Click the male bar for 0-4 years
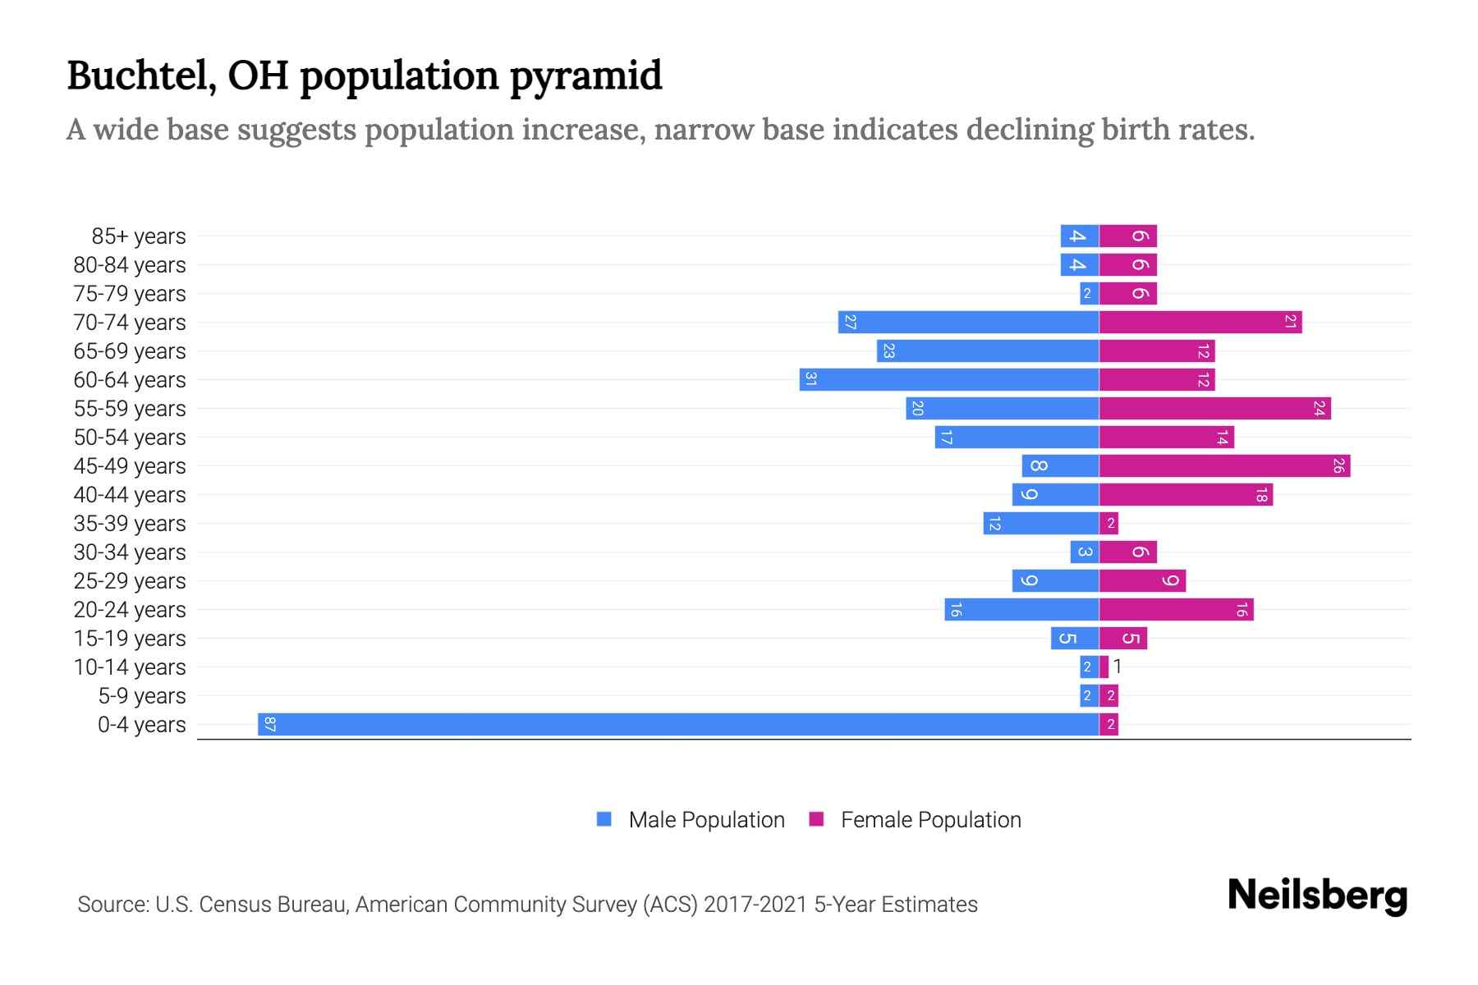(x=678, y=724)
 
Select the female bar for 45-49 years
(x=1224, y=466)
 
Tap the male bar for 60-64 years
(x=949, y=379)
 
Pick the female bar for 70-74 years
(x=1200, y=322)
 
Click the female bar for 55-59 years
(x=1214, y=408)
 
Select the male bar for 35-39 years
(x=1041, y=523)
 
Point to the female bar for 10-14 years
(x=1104, y=667)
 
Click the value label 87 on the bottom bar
(x=269, y=724)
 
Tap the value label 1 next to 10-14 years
(x=1118, y=667)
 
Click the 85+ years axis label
(x=138, y=236)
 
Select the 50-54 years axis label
(x=130, y=438)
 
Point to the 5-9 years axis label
(x=141, y=696)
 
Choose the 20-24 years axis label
(x=130, y=610)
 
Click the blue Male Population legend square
(x=604, y=819)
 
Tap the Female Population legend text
(x=930, y=820)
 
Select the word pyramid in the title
(x=585, y=76)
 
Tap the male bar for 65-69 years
(x=988, y=350)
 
